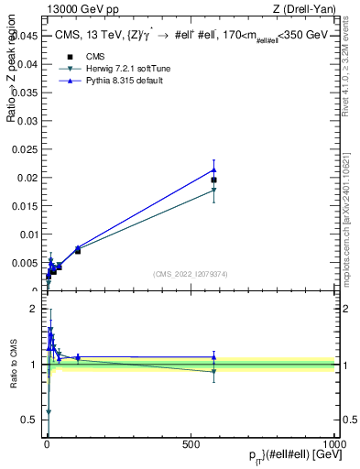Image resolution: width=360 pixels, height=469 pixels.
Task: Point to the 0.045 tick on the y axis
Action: [x=27, y=36]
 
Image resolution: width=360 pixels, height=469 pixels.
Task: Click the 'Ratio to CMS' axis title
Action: [x=14, y=365]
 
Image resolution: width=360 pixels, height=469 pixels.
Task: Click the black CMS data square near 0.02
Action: [x=213, y=180]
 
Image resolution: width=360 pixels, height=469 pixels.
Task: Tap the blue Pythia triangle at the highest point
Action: [x=213, y=169]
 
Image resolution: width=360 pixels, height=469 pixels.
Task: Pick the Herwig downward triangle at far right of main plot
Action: [x=213, y=191]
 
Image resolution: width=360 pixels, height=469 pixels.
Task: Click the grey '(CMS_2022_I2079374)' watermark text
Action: [x=190, y=273]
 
